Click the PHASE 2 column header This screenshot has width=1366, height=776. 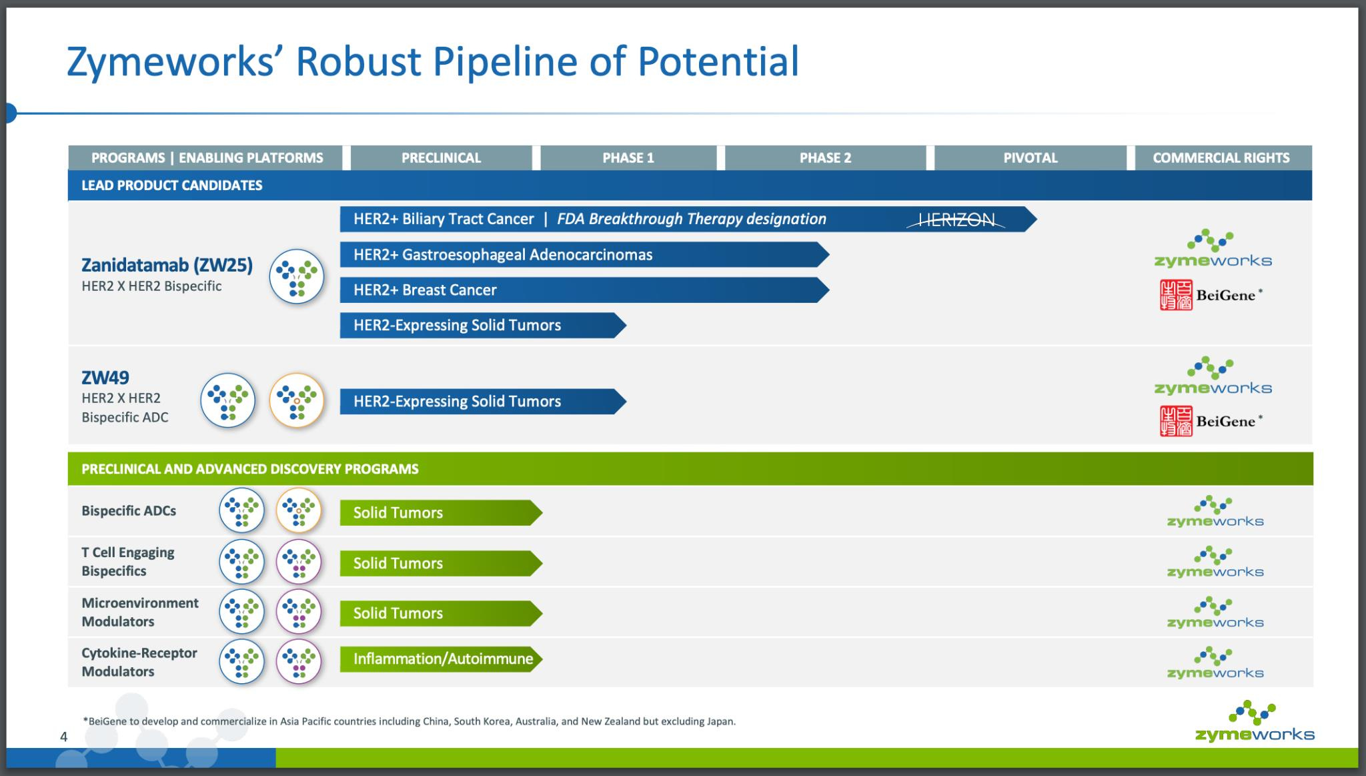point(825,158)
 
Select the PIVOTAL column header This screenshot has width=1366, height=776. point(1031,158)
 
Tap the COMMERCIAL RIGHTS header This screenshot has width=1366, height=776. point(1221,158)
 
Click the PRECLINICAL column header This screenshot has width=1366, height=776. point(441,158)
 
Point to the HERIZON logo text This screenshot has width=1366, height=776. point(956,220)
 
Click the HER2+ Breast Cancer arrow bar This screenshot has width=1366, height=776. point(584,290)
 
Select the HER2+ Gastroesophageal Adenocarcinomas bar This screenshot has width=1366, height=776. point(584,255)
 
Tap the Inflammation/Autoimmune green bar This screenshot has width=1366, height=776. point(441,659)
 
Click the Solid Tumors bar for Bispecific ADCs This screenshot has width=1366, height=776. point(441,512)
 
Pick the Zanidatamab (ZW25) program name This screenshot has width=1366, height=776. point(167,266)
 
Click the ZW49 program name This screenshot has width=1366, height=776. point(105,378)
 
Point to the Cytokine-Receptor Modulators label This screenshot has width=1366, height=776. point(139,662)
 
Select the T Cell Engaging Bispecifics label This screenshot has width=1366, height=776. point(128,562)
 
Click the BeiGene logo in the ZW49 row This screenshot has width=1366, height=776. point(1211,422)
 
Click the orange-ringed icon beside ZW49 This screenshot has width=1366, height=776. point(297,400)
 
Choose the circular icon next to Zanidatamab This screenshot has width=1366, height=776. point(297,276)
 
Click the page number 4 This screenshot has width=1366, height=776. point(64,737)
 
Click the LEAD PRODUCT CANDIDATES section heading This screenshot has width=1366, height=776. point(172,185)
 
